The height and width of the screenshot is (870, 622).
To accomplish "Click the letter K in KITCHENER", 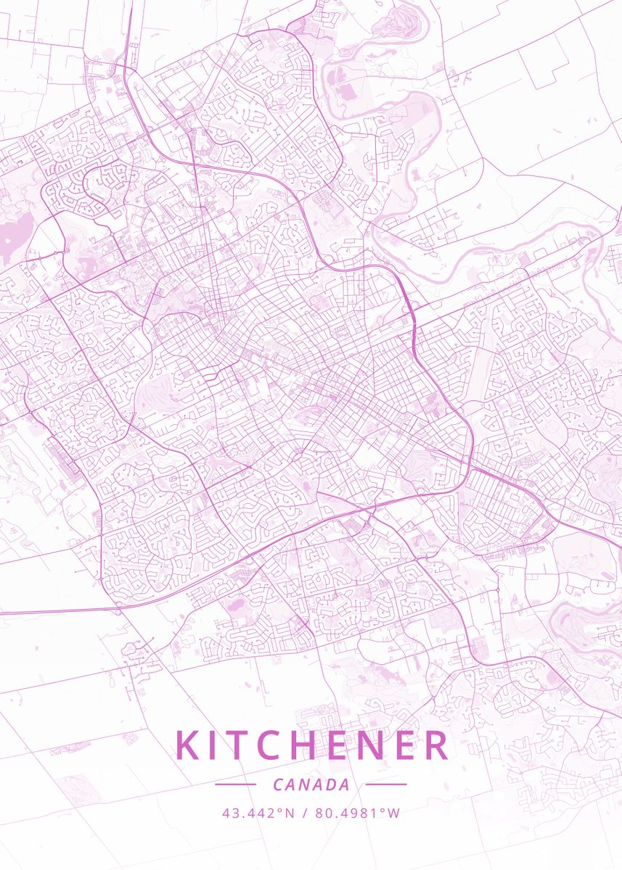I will tap(187, 746).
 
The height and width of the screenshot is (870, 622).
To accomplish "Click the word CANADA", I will tap(311, 784).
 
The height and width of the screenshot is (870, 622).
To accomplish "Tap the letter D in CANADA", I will tap(330, 784).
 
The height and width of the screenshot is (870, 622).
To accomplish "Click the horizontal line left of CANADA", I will tap(236, 784).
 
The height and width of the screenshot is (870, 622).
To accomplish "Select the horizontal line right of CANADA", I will tap(385, 784).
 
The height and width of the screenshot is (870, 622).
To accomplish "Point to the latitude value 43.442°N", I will tap(258, 813).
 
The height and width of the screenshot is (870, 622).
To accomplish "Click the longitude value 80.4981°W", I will tap(357, 813).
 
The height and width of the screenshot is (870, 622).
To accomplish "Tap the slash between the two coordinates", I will tap(305, 813).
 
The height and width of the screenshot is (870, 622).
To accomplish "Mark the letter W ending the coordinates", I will tap(394, 813).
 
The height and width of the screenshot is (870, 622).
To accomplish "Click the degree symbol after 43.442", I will tap(279, 810).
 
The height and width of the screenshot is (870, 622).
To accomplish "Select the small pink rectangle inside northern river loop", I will tap(347, 92).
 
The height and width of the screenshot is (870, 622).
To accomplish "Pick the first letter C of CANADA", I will tap(278, 784).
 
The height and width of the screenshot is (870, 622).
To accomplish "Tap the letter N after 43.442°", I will tap(290, 813).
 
